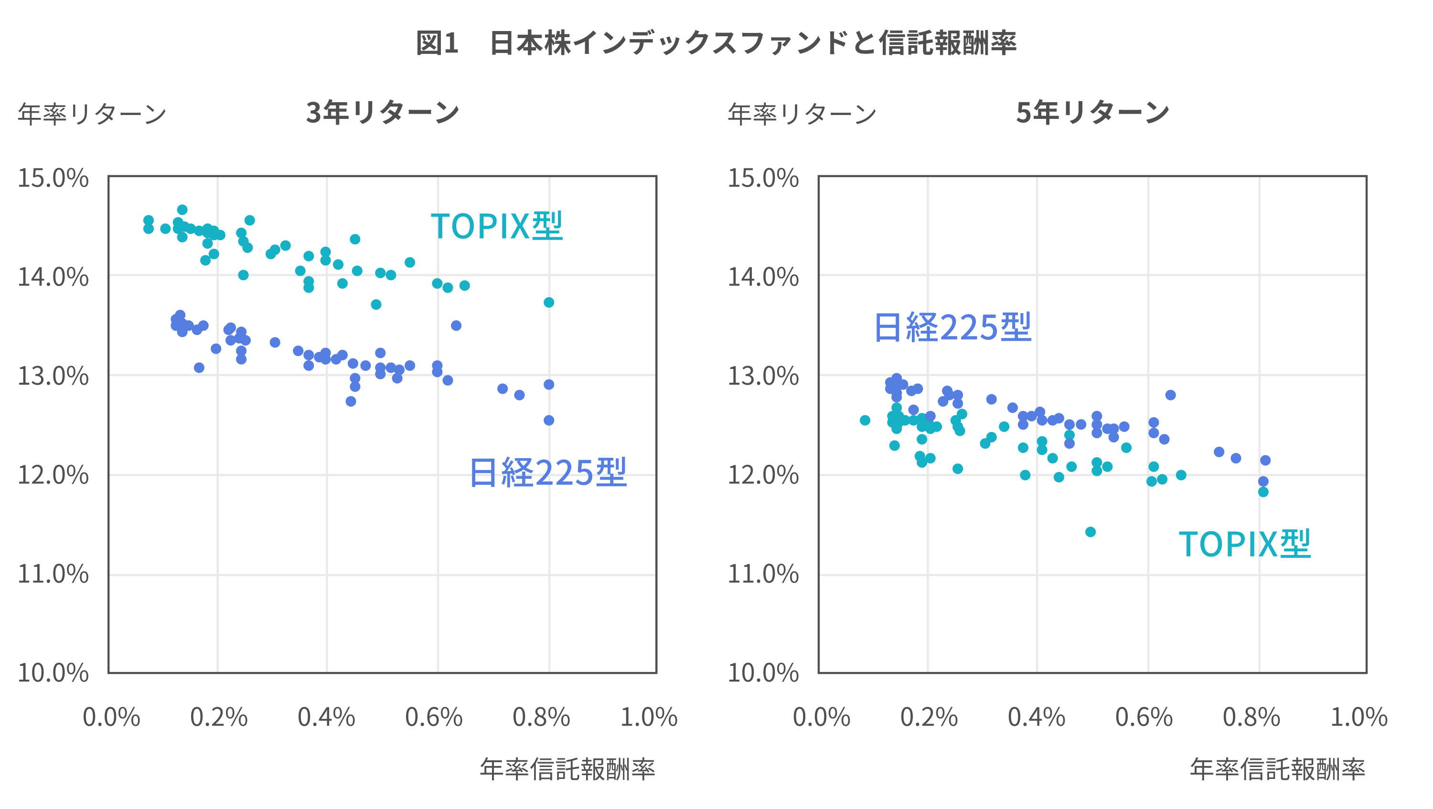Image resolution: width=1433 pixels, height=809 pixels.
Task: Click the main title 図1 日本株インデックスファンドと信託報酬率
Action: click(x=716, y=43)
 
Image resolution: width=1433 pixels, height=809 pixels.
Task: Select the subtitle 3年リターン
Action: click(x=383, y=112)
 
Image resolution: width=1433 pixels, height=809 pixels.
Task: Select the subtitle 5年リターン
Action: click(x=1092, y=112)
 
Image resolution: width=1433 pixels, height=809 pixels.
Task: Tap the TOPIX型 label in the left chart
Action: click(x=497, y=226)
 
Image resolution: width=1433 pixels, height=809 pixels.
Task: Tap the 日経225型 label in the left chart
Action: click(x=548, y=473)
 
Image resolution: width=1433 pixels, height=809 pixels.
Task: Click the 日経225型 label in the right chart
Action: click(x=952, y=327)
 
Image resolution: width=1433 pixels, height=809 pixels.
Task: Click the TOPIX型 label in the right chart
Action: click(x=1244, y=544)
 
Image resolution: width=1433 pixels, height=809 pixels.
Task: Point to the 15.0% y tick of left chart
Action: click(x=53, y=179)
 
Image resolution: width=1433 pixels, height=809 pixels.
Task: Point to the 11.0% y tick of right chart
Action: click(x=763, y=574)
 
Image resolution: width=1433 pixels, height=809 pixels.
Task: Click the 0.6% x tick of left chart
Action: click(x=434, y=717)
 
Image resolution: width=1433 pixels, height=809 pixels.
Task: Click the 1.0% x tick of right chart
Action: click(x=1358, y=717)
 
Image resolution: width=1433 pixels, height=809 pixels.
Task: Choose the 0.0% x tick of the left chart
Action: click(x=111, y=717)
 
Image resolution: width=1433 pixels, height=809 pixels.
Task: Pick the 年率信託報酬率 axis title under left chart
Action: click(x=567, y=769)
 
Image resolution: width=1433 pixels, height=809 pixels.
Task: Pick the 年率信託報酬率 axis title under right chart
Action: click(x=1277, y=769)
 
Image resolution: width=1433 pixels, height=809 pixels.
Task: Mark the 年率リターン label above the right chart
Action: click(x=802, y=114)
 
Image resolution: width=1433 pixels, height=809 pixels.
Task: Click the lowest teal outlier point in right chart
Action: click(x=1091, y=532)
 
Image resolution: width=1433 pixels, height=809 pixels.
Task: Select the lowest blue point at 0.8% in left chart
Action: click(x=548, y=420)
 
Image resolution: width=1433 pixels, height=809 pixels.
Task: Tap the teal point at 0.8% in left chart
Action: click(x=548, y=303)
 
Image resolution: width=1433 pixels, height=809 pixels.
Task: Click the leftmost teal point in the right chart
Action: click(x=865, y=420)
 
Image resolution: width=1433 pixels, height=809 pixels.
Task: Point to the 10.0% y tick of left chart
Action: click(x=53, y=673)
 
